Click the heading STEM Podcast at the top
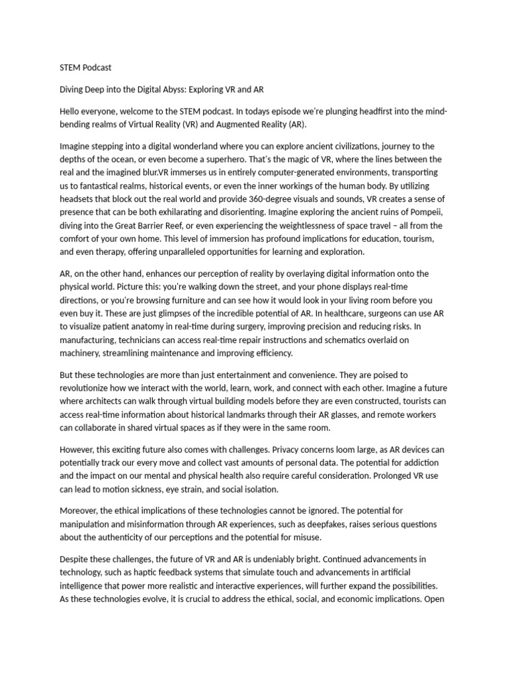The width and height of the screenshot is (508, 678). coord(85,67)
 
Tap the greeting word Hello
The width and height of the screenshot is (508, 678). coord(71,111)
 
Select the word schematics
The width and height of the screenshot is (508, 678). coord(354,340)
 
